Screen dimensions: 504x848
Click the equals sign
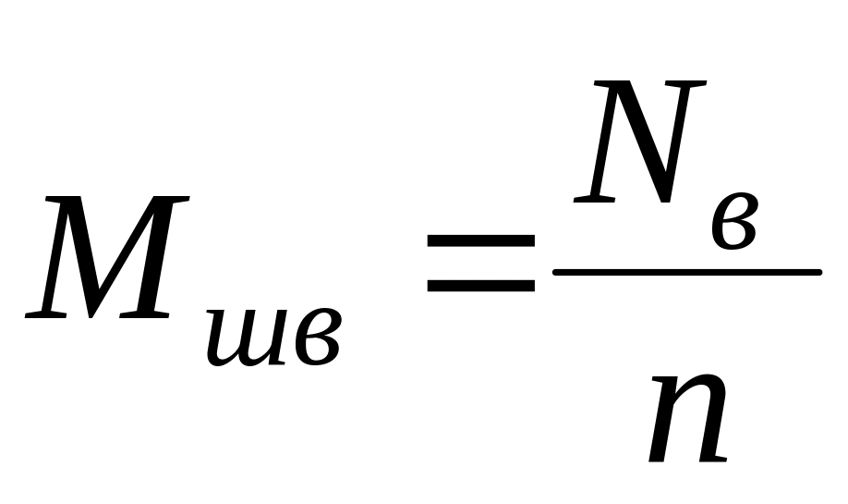[480, 264]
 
